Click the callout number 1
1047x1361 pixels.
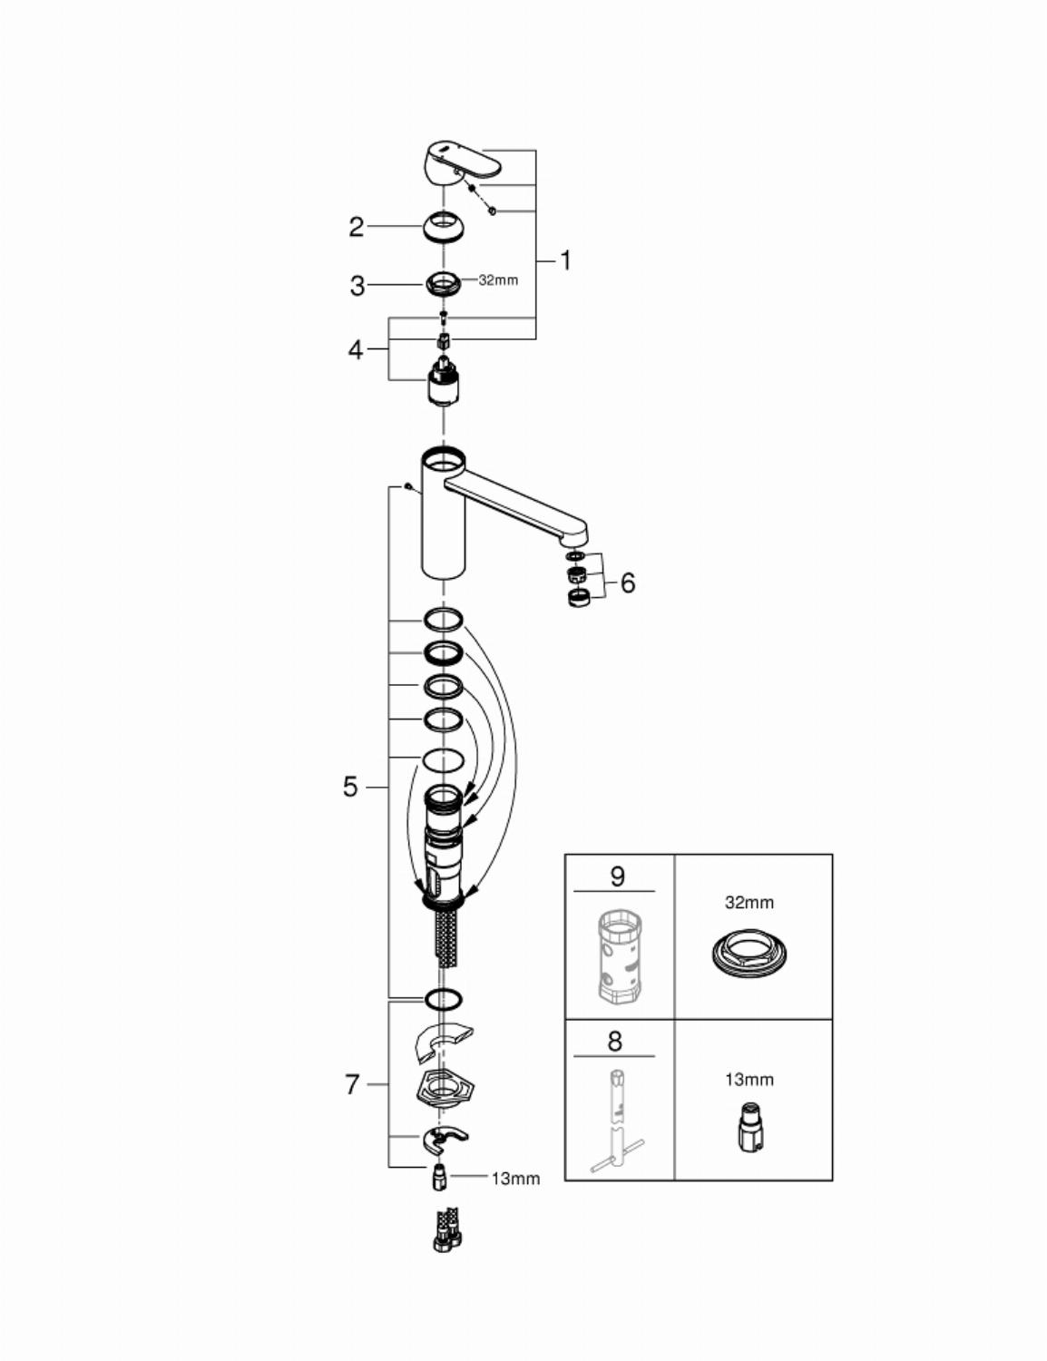pos(565,260)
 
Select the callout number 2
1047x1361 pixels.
pos(357,227)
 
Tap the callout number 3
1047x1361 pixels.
pos(357,286)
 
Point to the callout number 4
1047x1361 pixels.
pos(356,349)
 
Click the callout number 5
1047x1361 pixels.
pos(351,787)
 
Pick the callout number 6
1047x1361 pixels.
pos(628,583)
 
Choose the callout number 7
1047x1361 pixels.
pos(353,1085)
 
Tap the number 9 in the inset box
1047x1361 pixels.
pos(617,876)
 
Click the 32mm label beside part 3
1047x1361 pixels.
pos(498,280)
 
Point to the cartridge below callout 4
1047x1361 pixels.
pos(444,381)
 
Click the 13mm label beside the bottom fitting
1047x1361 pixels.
pos(516,1179)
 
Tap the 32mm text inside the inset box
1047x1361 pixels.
pos(749,903)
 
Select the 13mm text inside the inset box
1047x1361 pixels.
pos(749,1080)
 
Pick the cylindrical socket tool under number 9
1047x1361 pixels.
pos(618,954)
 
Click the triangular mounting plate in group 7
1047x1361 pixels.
pos(444,1087)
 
